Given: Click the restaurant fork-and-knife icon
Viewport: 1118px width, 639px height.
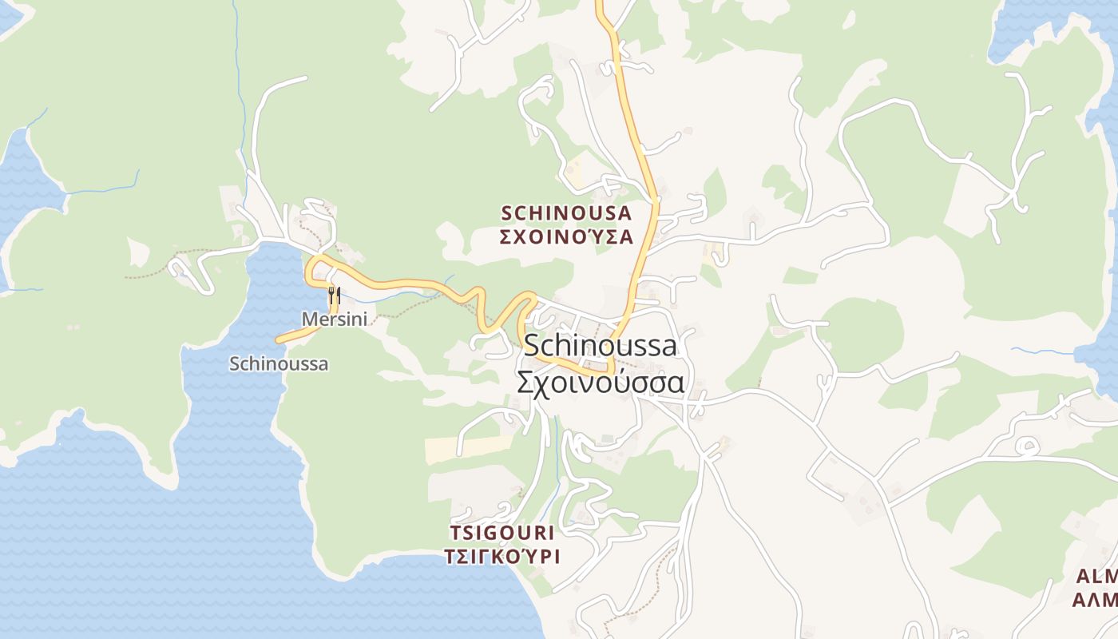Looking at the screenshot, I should pos(334,296).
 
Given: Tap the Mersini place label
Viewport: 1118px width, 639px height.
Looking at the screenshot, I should pos(334,319).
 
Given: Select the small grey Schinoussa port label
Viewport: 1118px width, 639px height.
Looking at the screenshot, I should pos(279,363).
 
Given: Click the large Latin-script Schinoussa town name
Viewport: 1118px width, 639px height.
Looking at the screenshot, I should pos(600,346).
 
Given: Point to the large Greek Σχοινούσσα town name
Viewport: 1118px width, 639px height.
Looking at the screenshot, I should pos(600,382).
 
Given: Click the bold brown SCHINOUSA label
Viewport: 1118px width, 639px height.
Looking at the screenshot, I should pos(566,213).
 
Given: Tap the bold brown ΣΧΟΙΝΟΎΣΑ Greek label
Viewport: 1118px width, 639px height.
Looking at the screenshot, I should pos(566,236).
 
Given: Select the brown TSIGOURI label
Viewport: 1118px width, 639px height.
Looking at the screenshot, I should pos(502,532).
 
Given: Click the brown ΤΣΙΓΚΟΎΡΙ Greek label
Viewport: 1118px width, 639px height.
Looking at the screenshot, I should pos(502,556).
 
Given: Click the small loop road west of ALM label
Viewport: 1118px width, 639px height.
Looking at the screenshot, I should pos(1029,446).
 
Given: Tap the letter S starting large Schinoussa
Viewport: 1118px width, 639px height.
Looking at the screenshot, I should pos(533,346).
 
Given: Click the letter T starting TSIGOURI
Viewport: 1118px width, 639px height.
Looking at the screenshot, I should pos(455,532).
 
